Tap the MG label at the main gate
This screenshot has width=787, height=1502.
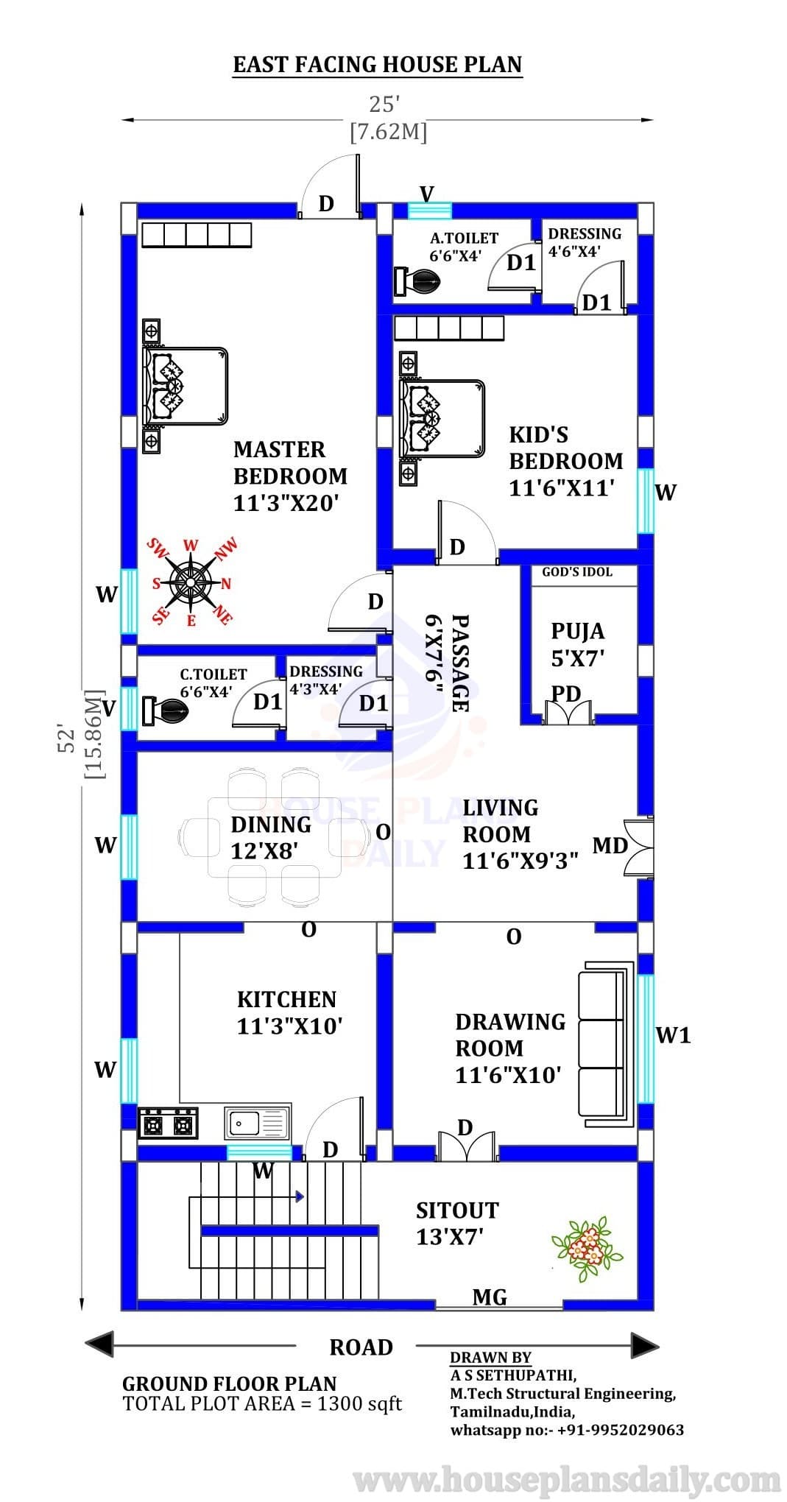pyautogui.click(x=490, y=1297)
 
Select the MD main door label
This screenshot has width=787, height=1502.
pyautogui.click(x=610, y=845)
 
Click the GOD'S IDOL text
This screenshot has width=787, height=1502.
pyautogui.click(x=577, y=572)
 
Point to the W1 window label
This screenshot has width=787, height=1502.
pyautogui.click(x=673, y=1035)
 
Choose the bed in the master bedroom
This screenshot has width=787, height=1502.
pyautogui.click(x=185, y=387)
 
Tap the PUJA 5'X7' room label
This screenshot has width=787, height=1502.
pyautogui.click(x=578, y=644)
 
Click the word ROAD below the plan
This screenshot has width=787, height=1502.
pyautogui.click(x=361, y=1347)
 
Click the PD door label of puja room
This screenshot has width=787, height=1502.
pyautogui.click(x=567, y=694)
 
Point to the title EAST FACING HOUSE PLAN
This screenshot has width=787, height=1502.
pyautogui.click(x=378, y=65)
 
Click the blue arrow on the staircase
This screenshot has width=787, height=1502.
pyautogui.click(x=300, y=1196)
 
